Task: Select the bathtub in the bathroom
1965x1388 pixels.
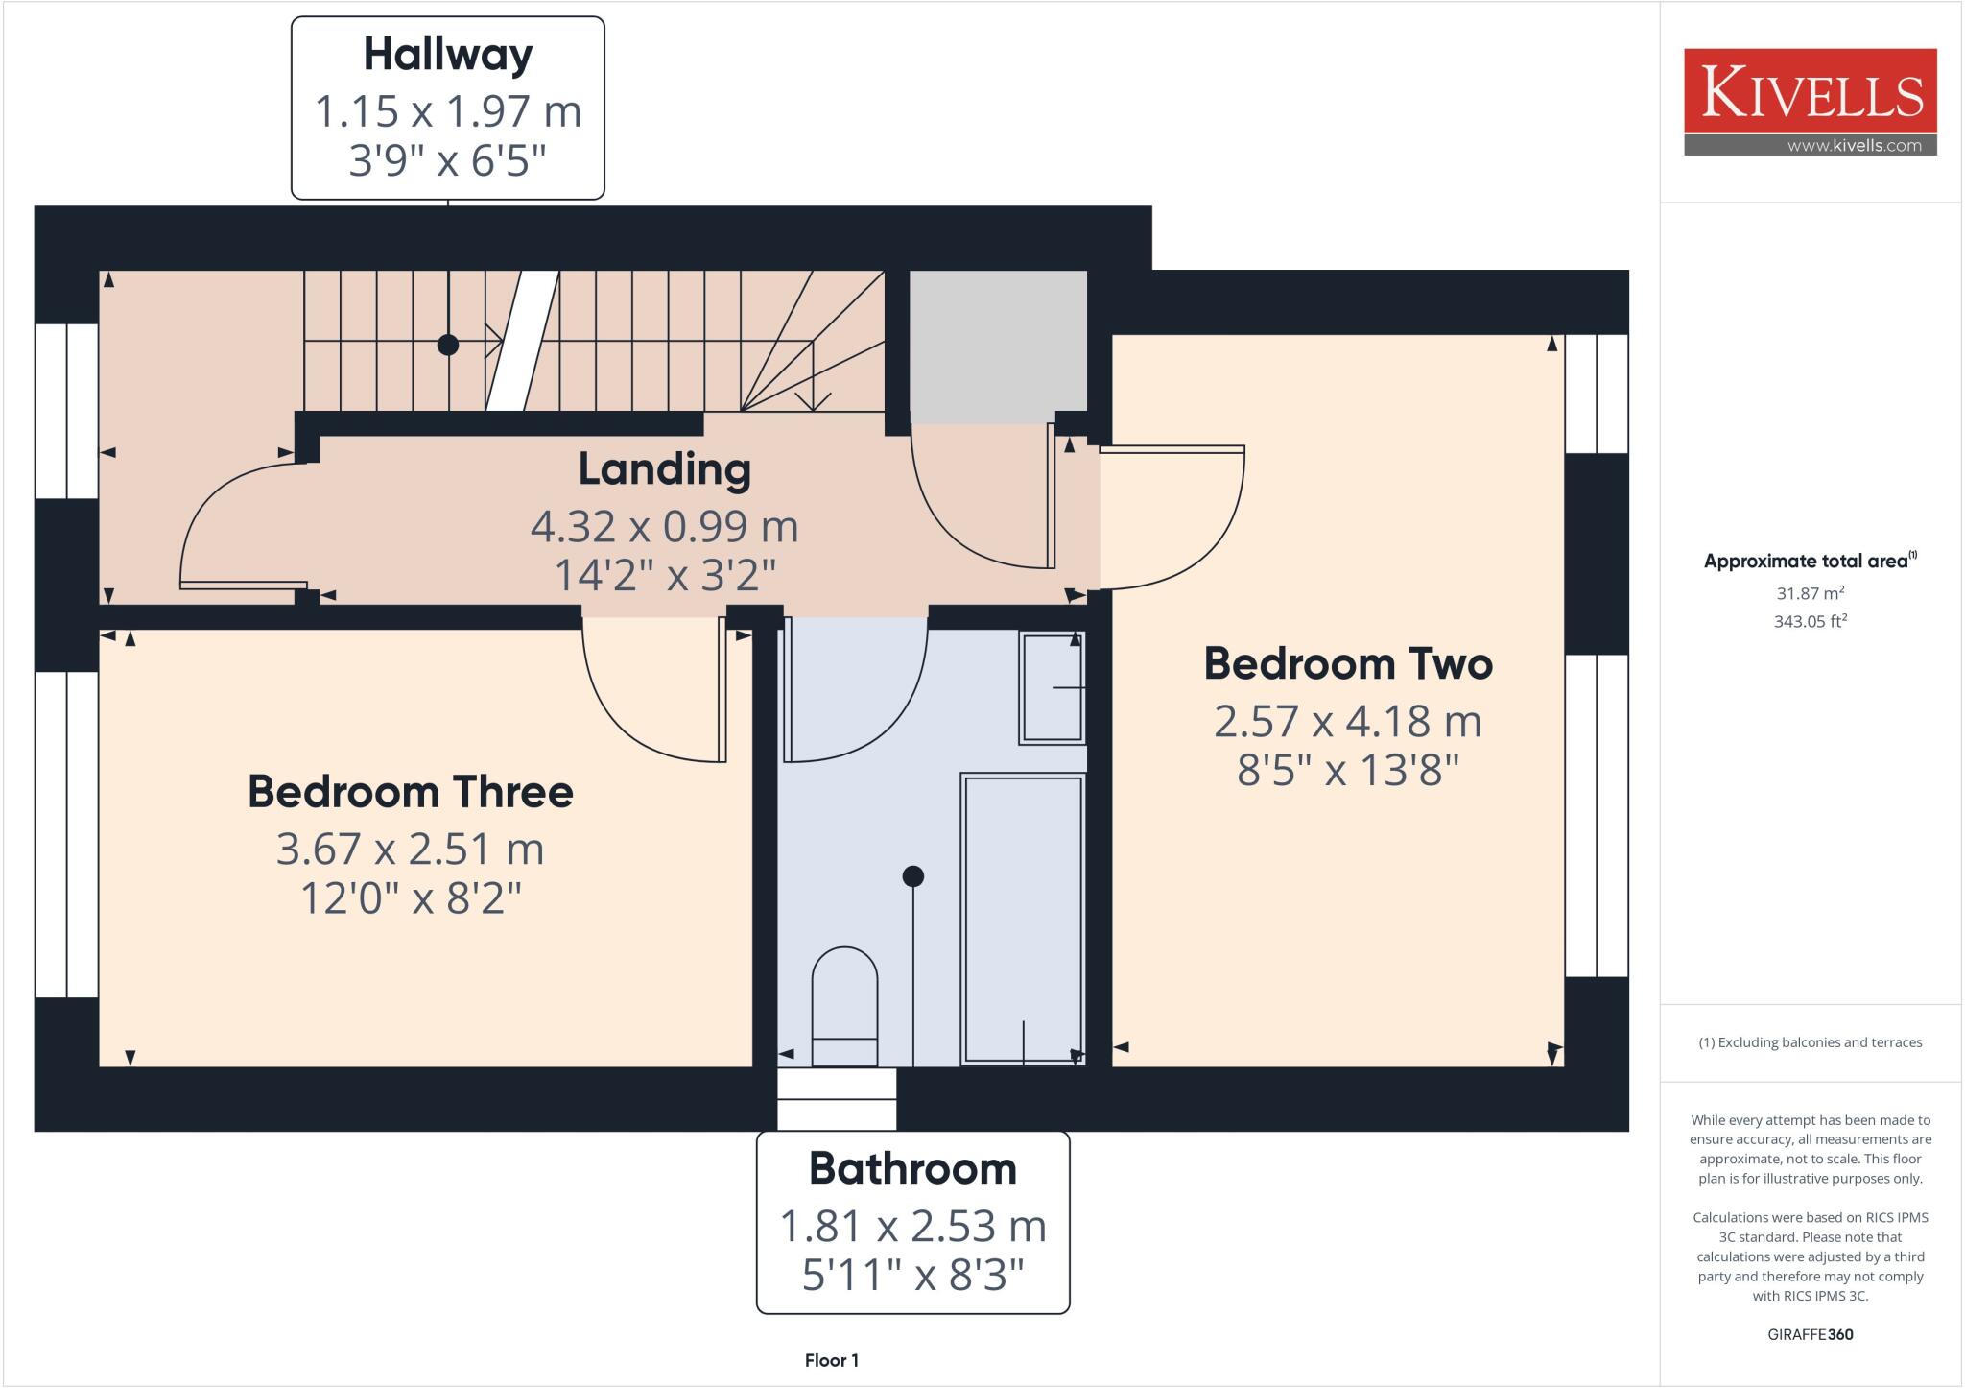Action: coord(1023,919)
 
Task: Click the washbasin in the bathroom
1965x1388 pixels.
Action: coord(1053,687)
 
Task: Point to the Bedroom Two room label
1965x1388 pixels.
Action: coord(1347,664)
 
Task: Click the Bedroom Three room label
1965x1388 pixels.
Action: coord(410,792)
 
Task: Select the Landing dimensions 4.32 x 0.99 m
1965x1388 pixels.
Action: coord(664,526)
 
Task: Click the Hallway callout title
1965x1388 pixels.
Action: coord(447,55)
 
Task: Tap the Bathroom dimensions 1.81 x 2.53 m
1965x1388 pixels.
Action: coord(911,1226)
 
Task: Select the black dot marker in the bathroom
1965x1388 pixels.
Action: coord(912,875)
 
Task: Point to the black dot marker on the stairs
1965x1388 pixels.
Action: coord(447,345)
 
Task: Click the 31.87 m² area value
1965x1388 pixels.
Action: coord(1810,593)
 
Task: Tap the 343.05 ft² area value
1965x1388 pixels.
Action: coord(1810,621)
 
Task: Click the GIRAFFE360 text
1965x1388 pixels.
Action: coord(1810,1334)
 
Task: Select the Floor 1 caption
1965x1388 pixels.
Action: coord(831,1360)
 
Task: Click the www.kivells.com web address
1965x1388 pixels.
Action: coord(1854,146)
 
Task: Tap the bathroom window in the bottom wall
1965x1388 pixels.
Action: coord(836,1099)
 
